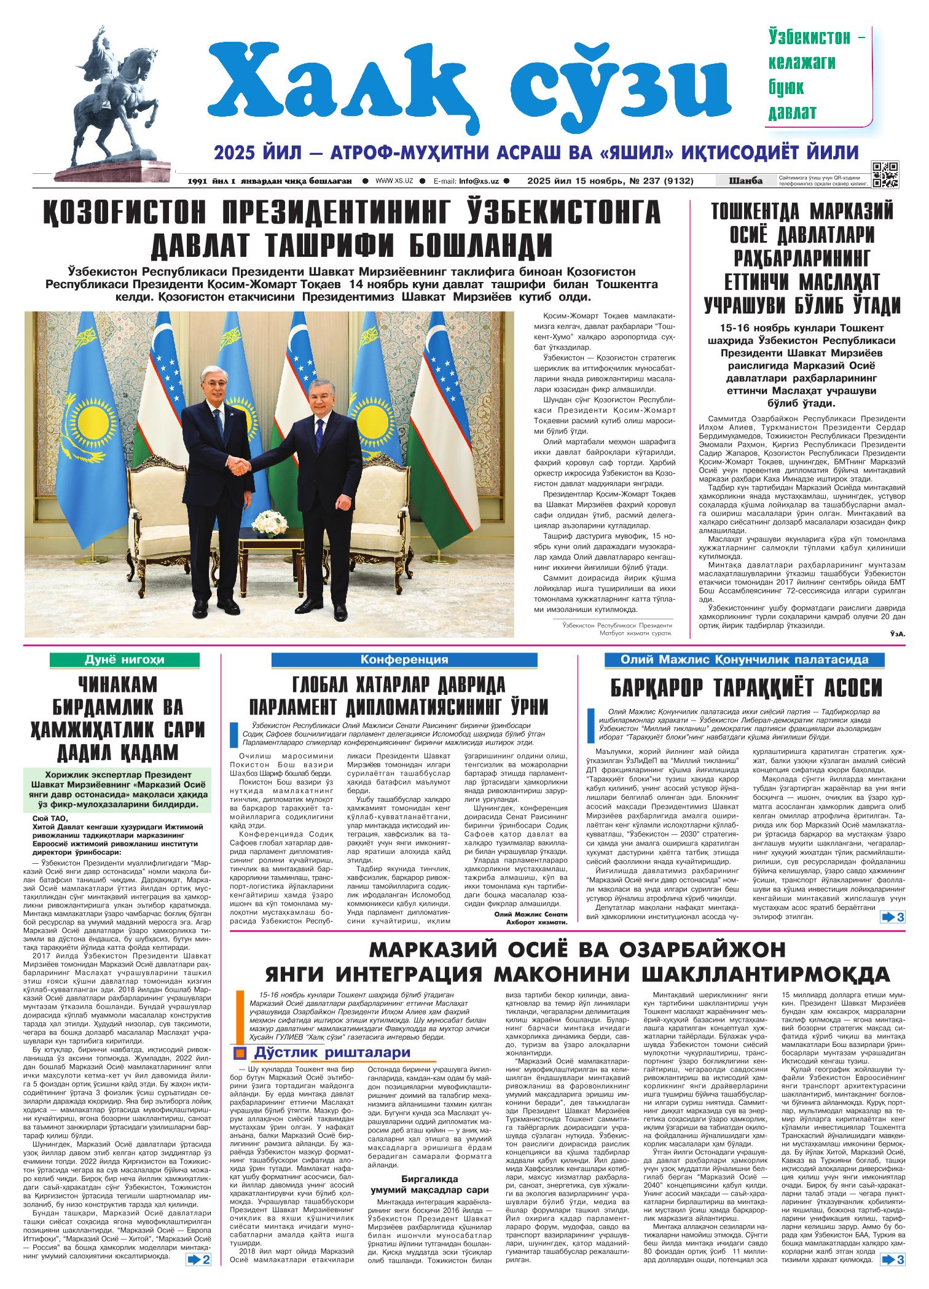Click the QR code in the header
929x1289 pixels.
(885, 174)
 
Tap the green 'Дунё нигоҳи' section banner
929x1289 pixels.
(123, 660)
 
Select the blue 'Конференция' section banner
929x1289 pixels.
(404, 660)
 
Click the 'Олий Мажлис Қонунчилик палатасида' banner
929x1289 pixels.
(745, 660)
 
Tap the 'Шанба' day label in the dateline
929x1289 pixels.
(745, 181)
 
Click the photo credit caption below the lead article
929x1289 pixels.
(617, 629)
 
